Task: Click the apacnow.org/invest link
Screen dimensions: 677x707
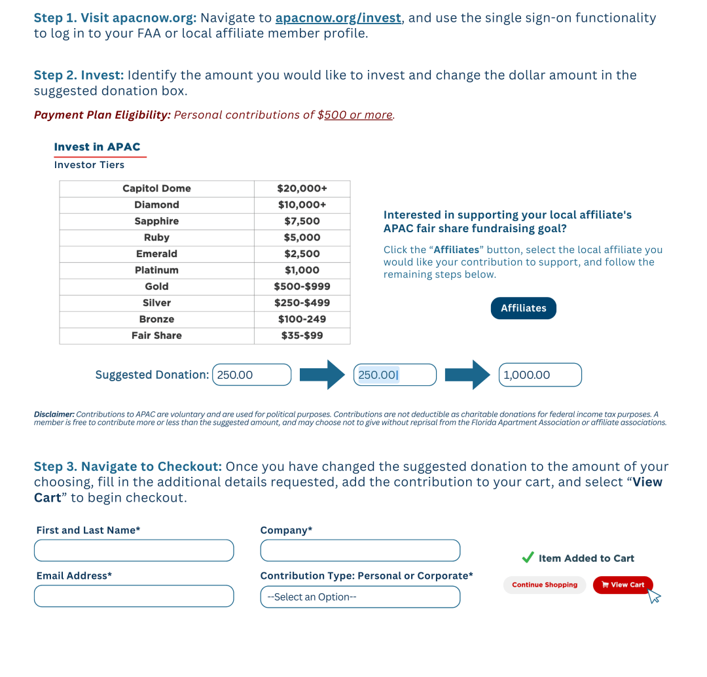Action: click(x=338, y=18)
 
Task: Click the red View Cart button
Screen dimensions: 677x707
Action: click(x=623, y=585)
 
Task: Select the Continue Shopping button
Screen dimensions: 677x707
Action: click(x=544, y=585)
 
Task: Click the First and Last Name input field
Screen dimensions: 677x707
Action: click(x=134, y=551)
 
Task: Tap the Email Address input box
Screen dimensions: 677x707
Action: click(x=134, y=597)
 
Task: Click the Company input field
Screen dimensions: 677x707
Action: click(x=360, y=551)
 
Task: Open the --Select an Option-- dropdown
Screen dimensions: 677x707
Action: click(x=360, y=597)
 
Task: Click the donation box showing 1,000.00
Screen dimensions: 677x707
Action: click(x=540, y=375)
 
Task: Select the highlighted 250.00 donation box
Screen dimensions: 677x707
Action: click(x=395, y=375)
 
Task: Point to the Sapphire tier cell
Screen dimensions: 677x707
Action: click(x=156, y=221)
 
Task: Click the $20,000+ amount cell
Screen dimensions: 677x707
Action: click(x=302, y=188)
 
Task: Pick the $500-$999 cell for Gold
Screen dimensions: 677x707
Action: click(x=302, y=286)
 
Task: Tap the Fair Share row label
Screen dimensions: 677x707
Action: click(x=156, y=336)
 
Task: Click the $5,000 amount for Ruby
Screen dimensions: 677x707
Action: click(x=302, y=237)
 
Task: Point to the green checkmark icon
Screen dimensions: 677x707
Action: click(x=528, y=557)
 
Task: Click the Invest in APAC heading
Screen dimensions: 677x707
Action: click(x=97, y=147)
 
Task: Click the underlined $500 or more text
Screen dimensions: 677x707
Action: click(x=358, y=115)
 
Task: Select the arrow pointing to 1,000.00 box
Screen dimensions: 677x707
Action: click(x=467, y=375)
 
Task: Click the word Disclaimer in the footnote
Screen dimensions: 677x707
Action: click(x=54, y=414)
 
